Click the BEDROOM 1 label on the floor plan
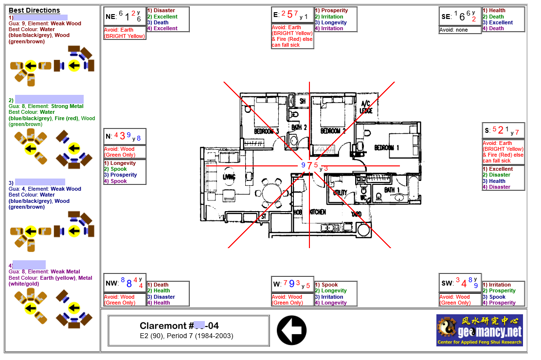click(x=387, y=147)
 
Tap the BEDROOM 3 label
click(x=266, y=131)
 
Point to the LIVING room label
click(x=229, y=176)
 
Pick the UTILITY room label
click(x=340, y=193)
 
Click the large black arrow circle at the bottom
click(x=291, y=330)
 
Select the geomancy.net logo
click(x=479, y=330)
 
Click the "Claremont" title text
click(x=163, y=326)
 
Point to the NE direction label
click(x=110, y=17)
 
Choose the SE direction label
click(x=446, y=17)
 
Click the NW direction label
click(x=111, y=283)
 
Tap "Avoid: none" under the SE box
click(x=453, y=30)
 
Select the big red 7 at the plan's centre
click(x=310, y=165)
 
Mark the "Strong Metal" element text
click(x=67, y=106)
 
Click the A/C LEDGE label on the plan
click(x=365, y=107)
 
